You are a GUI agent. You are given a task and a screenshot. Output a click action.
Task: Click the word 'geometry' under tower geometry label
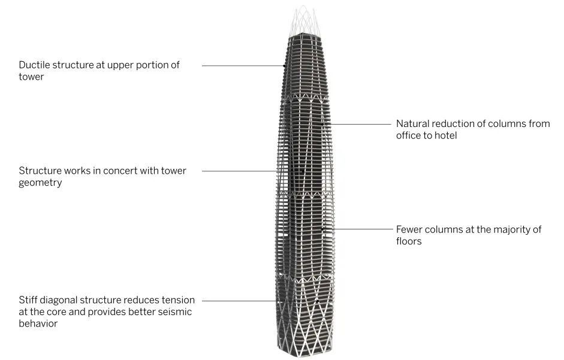coord(40,183)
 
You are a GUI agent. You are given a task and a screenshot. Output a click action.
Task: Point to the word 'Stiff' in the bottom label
coord(28,300)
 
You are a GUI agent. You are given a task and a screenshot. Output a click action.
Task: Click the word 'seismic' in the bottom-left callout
coord(175,311)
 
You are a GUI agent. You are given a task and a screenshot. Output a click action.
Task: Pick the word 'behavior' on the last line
coord(38,323)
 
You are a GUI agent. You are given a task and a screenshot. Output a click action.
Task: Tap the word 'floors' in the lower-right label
coord(409,241)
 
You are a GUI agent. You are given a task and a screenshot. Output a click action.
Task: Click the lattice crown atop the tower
coord(304,20)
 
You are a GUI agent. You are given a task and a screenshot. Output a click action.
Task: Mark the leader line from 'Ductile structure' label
coord(243,66)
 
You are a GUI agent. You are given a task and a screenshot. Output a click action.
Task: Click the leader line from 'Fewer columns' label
coord(358,229)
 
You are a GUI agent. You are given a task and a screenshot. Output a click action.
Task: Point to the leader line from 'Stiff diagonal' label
coord(260,301)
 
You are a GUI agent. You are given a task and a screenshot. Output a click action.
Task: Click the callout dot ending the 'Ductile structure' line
coord(285,66)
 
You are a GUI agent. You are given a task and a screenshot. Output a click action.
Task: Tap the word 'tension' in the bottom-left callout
coord(179,300)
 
